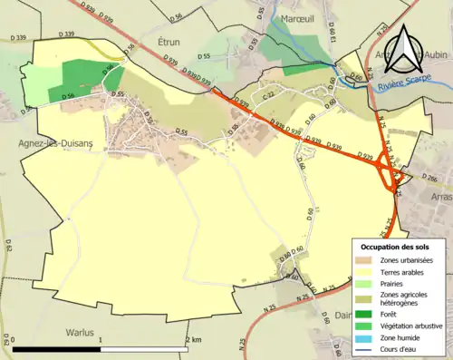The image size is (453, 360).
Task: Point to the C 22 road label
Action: pyautogui.click(x=268, y=95)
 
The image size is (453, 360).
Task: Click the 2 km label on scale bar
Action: pyautogui.click(x=193, y=338)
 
